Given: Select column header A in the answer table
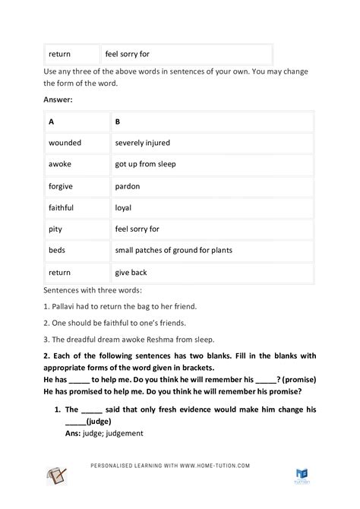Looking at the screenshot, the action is click(x=51, y=122).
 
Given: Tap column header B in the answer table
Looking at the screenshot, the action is click(x=117, y=122).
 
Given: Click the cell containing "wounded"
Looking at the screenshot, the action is click(x=65, y=143).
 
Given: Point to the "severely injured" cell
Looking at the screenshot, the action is click(x=143, y=143).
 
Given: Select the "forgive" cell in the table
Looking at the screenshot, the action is click(x=62, y=185).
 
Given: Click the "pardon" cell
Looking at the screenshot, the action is click(x=128, y=185).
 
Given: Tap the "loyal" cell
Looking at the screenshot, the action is click(x=124, y=207).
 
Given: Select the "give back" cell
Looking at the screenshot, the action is click(x=131, y=272).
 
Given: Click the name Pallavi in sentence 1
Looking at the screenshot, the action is click(x=66, y=306).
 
